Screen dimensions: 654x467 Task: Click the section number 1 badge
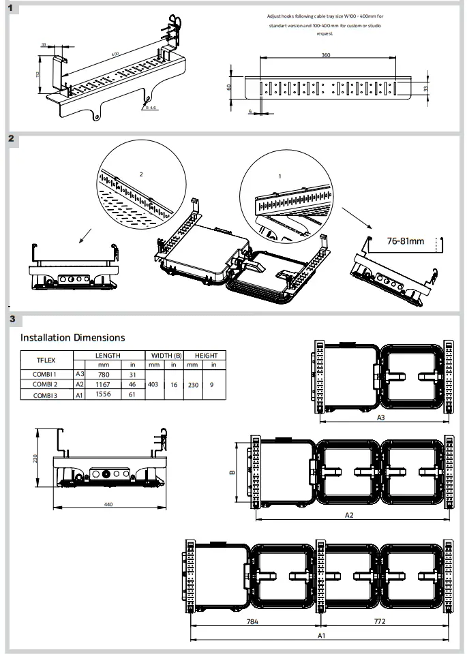(x=12, y=8)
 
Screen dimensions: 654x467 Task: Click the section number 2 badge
(x=12, y=139)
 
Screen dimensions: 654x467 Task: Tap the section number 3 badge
(x=12, y=318)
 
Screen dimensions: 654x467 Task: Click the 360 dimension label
(x=326, y=55)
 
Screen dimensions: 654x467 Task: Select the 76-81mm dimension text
(x=406, y=241)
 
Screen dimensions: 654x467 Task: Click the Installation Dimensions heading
(x=72, y=337)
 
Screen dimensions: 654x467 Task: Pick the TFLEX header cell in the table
(x=46, y=360)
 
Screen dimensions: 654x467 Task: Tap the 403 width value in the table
(x=153, y=384)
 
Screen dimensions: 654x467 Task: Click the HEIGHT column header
(x=206, y=355)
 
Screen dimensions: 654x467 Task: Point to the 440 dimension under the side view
(x=108, y=504)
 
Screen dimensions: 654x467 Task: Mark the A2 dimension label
(x=348, y=515)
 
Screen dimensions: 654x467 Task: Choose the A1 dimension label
(x=321, y=636)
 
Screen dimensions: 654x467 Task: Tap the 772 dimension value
(x=385, y=623)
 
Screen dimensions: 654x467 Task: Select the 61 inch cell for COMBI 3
(x=133, y=394)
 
